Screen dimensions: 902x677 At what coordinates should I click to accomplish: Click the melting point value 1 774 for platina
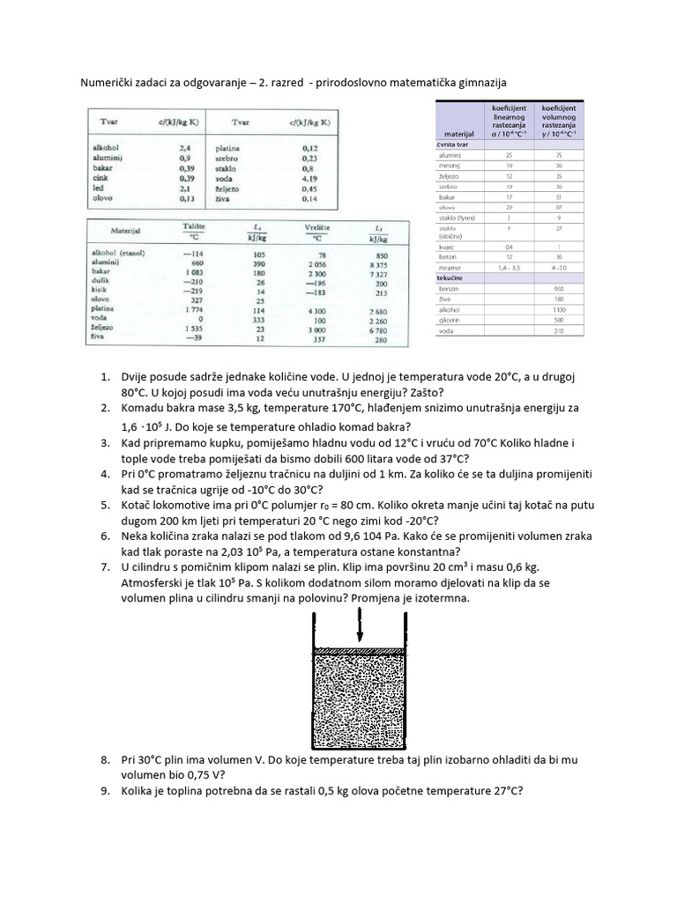(x=191, y=309)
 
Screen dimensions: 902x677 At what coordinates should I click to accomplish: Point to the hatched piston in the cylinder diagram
(x=360, y=649)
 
